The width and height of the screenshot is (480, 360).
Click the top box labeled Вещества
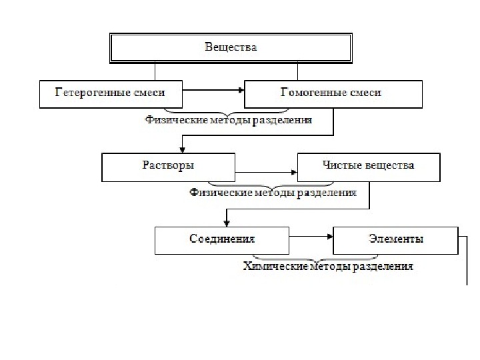tap(231, 47)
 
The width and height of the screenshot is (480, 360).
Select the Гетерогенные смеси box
tap(111, 93)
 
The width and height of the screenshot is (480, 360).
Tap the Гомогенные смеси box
tap(333, 93)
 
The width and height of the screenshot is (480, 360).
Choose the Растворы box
tap(168, 166)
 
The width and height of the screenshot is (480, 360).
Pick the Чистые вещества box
tap(369, 166)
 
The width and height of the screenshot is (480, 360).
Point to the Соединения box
tap(222, 239)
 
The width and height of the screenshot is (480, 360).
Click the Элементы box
tap(395, 239)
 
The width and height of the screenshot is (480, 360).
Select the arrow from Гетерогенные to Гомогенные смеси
tap(213, 90)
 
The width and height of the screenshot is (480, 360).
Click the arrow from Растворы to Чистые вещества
tap(267, 173)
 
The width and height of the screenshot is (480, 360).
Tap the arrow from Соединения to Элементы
tap(311, 235)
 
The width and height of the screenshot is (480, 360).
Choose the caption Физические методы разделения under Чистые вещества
tap(273, 193)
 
